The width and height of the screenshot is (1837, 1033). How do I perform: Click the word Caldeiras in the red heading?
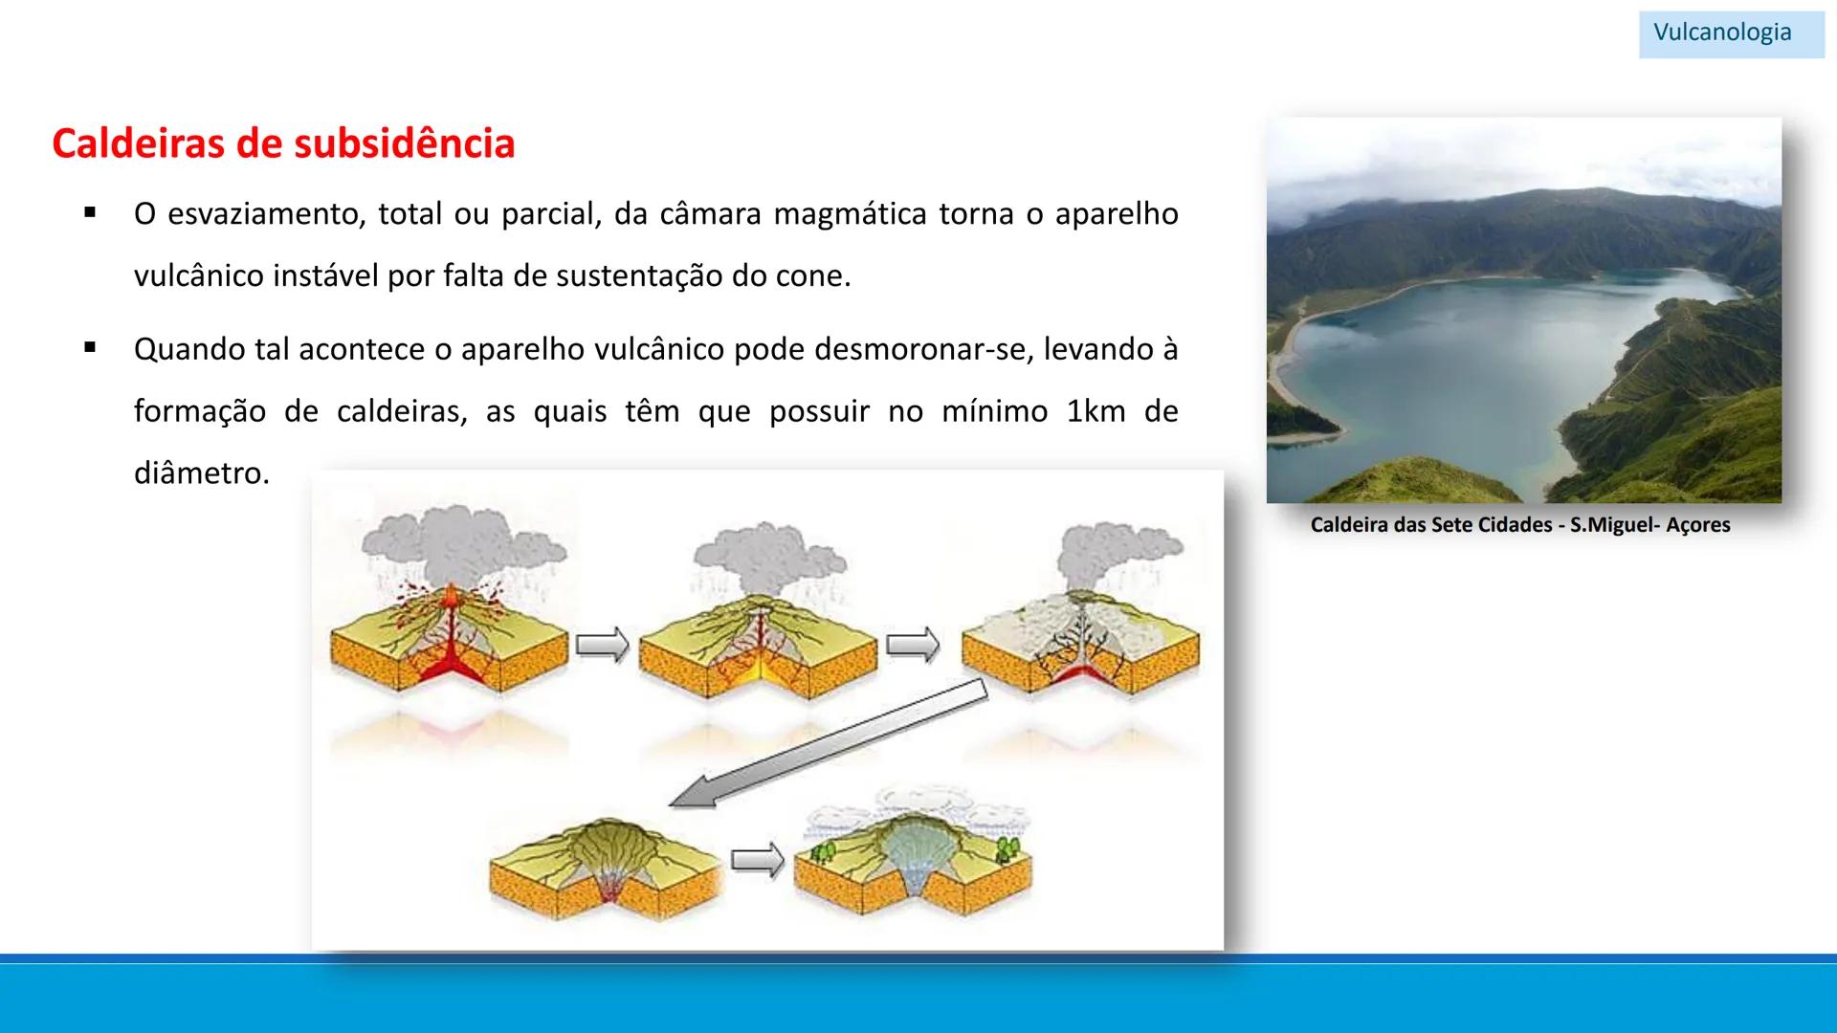(138, 143)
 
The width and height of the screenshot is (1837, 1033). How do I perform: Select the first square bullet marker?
(90, 212)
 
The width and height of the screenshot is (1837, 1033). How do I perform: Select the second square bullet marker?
(90, 348)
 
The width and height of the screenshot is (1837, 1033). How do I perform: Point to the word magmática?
(850, 213)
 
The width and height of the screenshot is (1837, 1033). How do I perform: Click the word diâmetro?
(201, 473)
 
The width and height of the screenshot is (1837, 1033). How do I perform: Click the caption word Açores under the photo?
(1697, 525)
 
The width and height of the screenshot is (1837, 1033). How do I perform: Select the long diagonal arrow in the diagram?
(829, 744)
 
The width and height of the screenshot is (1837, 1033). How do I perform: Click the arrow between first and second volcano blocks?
(603, 645)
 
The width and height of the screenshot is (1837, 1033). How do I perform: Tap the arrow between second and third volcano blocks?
(913, 645)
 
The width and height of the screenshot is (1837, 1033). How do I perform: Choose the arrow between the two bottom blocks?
(757, 860)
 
